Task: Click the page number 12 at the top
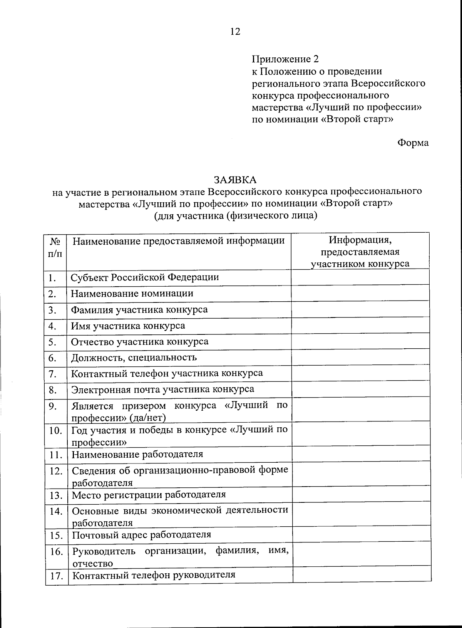(235, 32)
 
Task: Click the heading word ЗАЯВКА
(235, 180)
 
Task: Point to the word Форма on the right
(413, 143)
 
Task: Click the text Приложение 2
(285, 59)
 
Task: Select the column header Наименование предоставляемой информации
(179, 241)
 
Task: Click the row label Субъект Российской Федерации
(145, 277)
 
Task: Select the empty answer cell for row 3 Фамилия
(360, 309)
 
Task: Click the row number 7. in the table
(53, 374)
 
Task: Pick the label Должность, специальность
(134, 358)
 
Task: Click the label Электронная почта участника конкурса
(162, 389)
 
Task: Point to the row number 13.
(56, 495)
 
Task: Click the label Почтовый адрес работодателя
(142, 535)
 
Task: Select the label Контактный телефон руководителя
(154, 575)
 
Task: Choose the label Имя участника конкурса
(128, 326)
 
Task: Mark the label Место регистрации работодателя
(149, 495)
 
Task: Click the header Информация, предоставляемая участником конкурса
(360, 252)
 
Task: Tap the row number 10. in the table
(56, 431)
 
